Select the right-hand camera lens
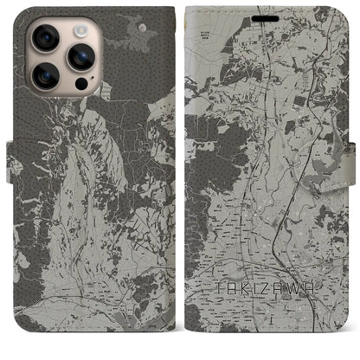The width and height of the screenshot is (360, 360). pyautogui.click(x=81, y=58)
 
